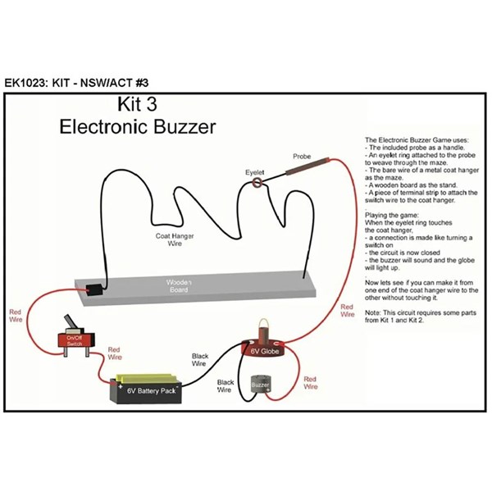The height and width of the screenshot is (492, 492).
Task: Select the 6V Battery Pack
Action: [x=152, y=389]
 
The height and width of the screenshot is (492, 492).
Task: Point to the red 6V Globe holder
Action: [x=267, y=348]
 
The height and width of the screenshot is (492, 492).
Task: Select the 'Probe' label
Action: [x=303, y=156]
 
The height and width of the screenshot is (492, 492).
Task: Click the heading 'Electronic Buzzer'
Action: [x=138, y=127]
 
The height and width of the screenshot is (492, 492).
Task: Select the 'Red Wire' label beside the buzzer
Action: [x=310, y=382]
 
